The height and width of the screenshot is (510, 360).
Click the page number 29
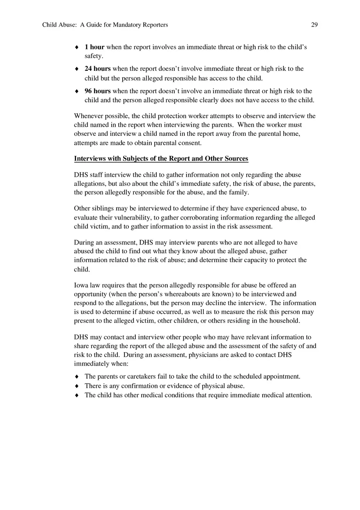[x=314, y=25]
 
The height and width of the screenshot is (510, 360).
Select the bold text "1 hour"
[x=94, y=47]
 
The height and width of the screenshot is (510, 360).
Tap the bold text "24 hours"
[x=97, y=69]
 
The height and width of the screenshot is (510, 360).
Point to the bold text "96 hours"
[x=97, y=91]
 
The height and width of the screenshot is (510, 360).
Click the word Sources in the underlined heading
[x=235, y=159]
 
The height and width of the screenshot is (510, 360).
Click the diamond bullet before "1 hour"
[x=76, y=47]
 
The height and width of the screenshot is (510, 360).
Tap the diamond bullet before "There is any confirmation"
[x=76, y=386]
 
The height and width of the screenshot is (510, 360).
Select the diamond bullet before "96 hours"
[x=76, y=92]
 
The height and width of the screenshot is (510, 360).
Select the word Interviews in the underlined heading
[x=90, y=159]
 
